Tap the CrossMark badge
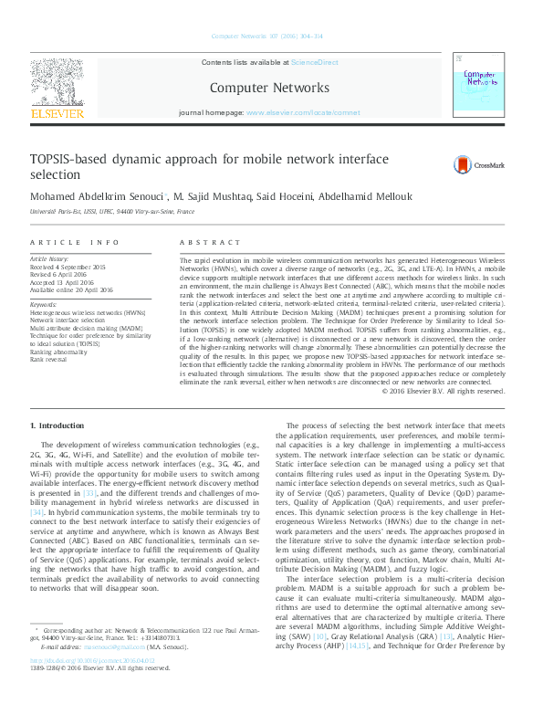[x=485, y=164]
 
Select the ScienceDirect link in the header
[x=314, y=62]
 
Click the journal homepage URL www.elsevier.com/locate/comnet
[x=297, y=113]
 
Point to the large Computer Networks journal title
[x=269, y=88]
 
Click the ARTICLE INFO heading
[x=75, y=242]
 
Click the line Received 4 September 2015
[x=68, y=267]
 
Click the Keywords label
[x=46, y=304]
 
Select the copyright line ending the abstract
[x=443, y=391]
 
